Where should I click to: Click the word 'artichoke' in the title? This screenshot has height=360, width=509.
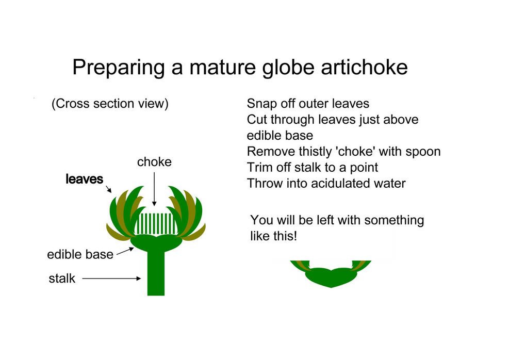(x=364, y=67)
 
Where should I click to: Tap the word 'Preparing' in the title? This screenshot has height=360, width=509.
(x=119, y=68)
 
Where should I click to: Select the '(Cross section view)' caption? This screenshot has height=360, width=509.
(x=110, y=104)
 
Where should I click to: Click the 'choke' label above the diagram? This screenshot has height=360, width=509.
(x=154, y=161)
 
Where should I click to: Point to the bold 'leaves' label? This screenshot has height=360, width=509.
(x=85, y=179)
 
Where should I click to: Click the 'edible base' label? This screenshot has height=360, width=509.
(x=80, y=254)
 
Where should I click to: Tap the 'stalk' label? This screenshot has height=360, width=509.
(x=62, y=278)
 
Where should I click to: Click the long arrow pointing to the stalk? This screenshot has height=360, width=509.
(x=111, y=278)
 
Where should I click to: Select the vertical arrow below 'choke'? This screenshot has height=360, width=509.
(x=154, y=189)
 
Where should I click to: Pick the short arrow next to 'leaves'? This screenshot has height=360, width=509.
(x=109, y=189)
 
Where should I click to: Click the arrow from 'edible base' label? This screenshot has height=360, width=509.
(x=125, y=251)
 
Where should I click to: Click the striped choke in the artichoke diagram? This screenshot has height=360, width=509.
(x=156, y=224)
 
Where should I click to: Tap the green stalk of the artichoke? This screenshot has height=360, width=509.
(x=156, y=273)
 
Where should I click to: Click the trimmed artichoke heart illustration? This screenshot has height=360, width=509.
(x=331, y=273)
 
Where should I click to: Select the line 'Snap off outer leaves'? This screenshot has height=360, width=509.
(x=308, y=104)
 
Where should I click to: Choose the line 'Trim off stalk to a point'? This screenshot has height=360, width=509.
(x=313, y=168)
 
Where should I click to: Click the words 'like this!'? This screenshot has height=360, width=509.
(x=274, y=236)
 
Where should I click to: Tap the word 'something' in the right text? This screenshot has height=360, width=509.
(x=394, y=220)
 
